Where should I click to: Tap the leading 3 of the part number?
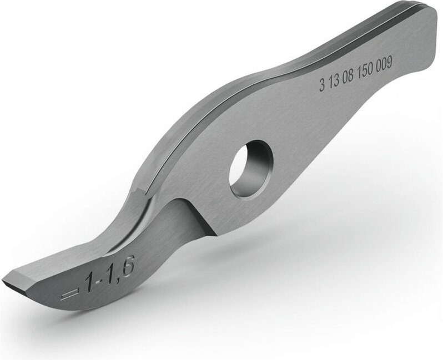pos(322,84)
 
